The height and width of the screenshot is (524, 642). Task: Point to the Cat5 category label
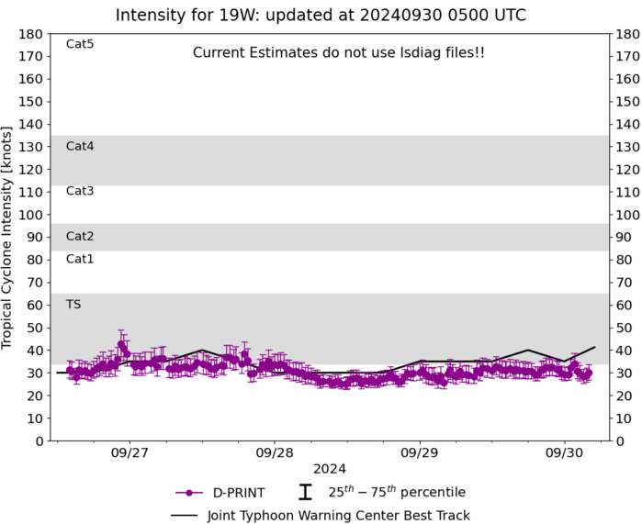click(80, 44)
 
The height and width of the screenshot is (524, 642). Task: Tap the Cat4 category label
click(80, 146)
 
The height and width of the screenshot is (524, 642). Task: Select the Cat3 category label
click(80, 191)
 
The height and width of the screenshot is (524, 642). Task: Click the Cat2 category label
click(80, 236)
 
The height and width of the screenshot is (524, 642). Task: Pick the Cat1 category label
click(80, 259)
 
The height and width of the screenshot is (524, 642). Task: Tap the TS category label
click(73, 304)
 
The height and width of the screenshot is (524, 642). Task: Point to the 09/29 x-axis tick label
click(419, 453)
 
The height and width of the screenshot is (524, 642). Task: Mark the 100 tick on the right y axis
click(628, 215)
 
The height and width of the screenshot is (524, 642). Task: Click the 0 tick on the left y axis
click(40, 441)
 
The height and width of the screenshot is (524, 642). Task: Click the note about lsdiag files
click(339, 53)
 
